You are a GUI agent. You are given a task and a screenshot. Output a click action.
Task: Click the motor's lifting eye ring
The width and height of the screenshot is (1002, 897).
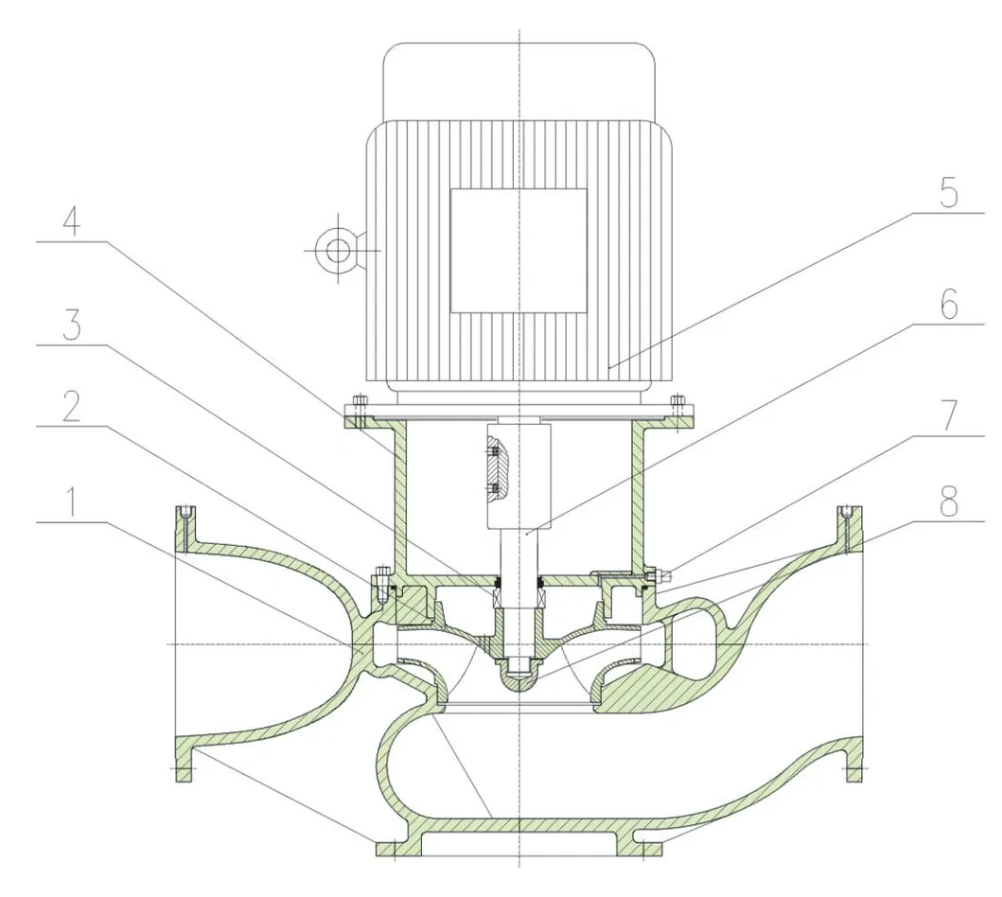coord(337,250)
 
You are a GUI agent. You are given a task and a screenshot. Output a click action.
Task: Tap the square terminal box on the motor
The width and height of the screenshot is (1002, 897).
coord(518,250)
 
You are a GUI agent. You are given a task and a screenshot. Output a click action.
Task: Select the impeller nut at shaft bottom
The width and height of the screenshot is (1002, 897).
coord(519,674)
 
